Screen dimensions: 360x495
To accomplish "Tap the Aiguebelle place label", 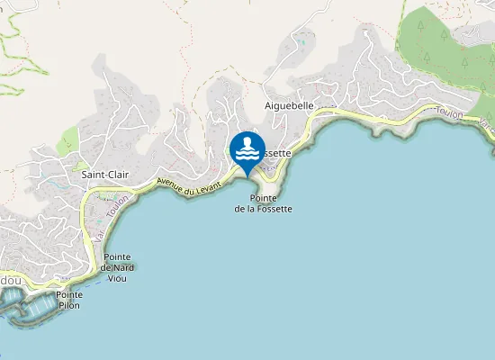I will tap(290, 105).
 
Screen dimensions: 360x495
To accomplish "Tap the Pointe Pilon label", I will tap(68, 300).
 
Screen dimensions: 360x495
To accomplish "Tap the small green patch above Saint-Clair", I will tap(67, 143).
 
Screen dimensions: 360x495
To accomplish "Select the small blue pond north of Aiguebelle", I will tap(303, 42).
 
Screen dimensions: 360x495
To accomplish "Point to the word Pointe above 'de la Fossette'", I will tap(263, 198).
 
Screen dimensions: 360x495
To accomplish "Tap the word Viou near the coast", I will tap(118, 278).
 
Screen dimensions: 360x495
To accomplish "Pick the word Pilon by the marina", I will tap(68, 305).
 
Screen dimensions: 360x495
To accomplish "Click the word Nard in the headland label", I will tap(123, 267).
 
